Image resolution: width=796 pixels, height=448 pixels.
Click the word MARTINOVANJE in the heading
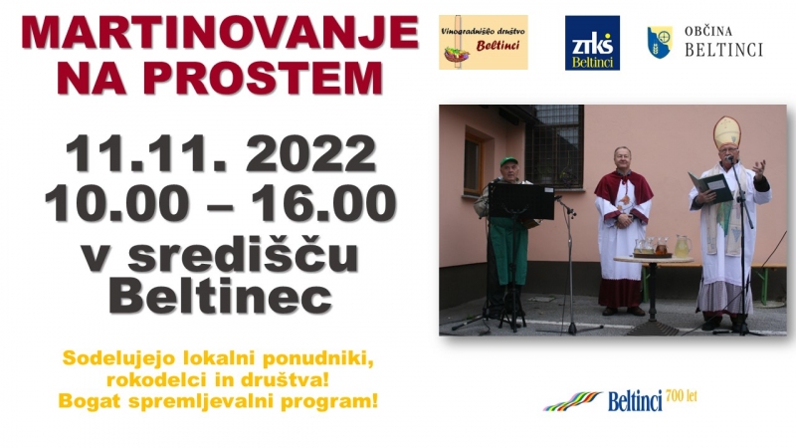pyautogui.click(x=219, y=34)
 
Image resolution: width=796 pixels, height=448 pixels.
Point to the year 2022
pyautogui.click(x=310, y=154)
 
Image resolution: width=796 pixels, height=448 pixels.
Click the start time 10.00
pyautogui.click(x=114, y=203)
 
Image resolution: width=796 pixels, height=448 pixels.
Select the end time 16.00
pyautogui.click(x=323, y=203)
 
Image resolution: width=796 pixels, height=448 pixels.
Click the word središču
pyautogui.click(x=243, y=254)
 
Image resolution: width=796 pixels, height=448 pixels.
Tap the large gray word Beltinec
pyautogui.click(x=220, y=297)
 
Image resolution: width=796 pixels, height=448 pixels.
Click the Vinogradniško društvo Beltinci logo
pyautogui.click(x=484, y=42)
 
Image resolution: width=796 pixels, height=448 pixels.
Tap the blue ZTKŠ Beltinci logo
pyautogui.click(x=592, y=43)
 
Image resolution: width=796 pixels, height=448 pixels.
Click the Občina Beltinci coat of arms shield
pyautogui.click(x=660, y=42)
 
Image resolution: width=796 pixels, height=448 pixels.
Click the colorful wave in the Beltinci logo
pyautogui.click(x=574, y=401)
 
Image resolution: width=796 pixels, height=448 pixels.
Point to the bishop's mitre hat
pyautogui.click(x=726, y=132)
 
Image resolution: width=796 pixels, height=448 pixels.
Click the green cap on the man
pyautogui.click(x=508, y=161)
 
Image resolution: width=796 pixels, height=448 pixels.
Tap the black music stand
pyautogui.click(x=521, y=201)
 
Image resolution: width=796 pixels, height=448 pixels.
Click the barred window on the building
pyautogui.click(x=554, y=145)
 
